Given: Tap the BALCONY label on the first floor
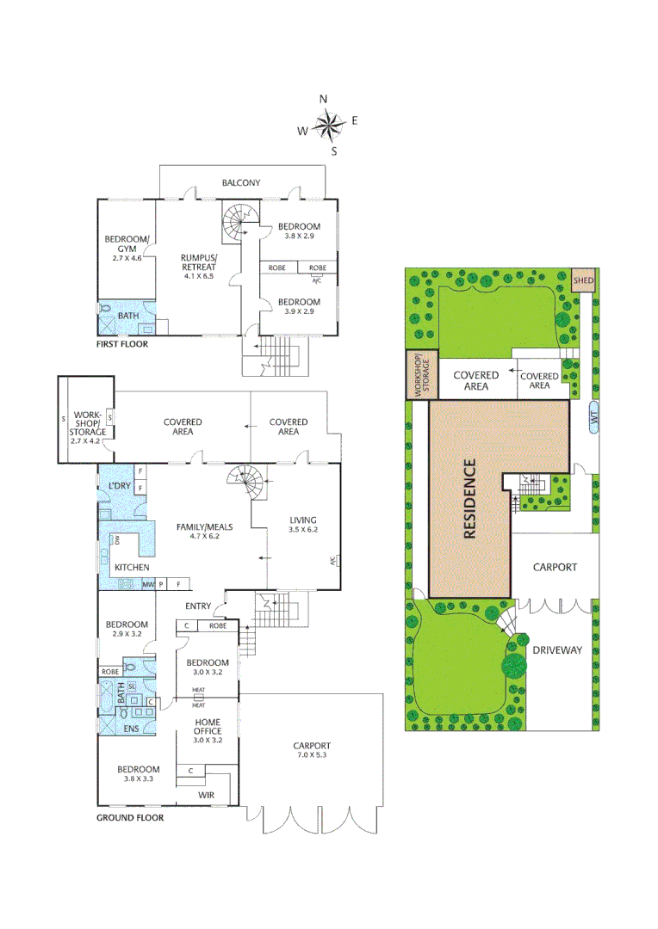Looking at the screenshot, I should [x=241, y=182].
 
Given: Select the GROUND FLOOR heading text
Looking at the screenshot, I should [x=129, y=817].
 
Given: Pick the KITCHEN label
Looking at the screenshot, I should [x=132, y=568].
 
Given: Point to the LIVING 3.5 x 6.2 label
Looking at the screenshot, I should [x=303, y=525].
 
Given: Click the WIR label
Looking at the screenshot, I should [x=206, y=795].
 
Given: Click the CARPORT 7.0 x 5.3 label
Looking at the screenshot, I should [x=311, y=750].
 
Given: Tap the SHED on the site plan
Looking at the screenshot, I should [x=584, y=280].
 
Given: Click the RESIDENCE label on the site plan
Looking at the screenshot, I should [x=469, y=499].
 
